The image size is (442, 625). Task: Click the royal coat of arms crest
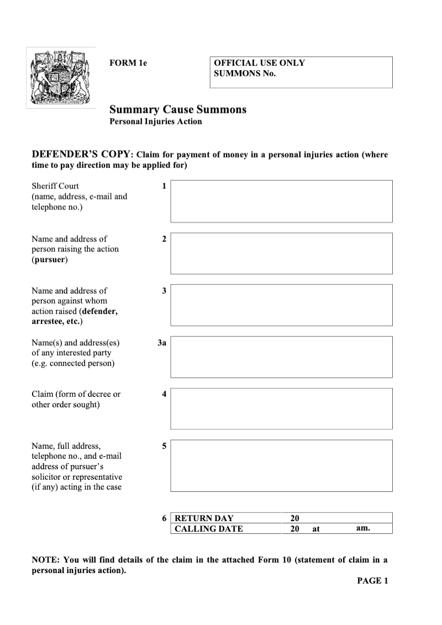[x=60, y=77]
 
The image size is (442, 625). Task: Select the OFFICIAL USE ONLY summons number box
[x=301, y=72]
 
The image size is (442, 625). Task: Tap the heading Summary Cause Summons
[x=178, y=109]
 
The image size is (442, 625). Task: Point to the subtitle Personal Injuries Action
[x=156, y=122]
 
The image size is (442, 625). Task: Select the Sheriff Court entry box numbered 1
[x=282, y=201]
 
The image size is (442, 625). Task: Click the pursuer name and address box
[x=282, y=254]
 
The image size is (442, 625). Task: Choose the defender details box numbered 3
[x=282, y=305]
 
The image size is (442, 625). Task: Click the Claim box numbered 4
[x=282, y=408]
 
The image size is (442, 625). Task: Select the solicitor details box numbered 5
[x=282, y=465]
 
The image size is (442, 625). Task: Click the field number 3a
[x=162, y=343]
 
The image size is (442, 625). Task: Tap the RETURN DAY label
[x=204, y=518]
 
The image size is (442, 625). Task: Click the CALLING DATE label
[x=209, y=529]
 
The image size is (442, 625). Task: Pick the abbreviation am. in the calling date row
[x=363, y=528]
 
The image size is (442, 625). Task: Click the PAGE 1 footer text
[x=373, y=581]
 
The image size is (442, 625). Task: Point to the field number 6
[x=164, y=518]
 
